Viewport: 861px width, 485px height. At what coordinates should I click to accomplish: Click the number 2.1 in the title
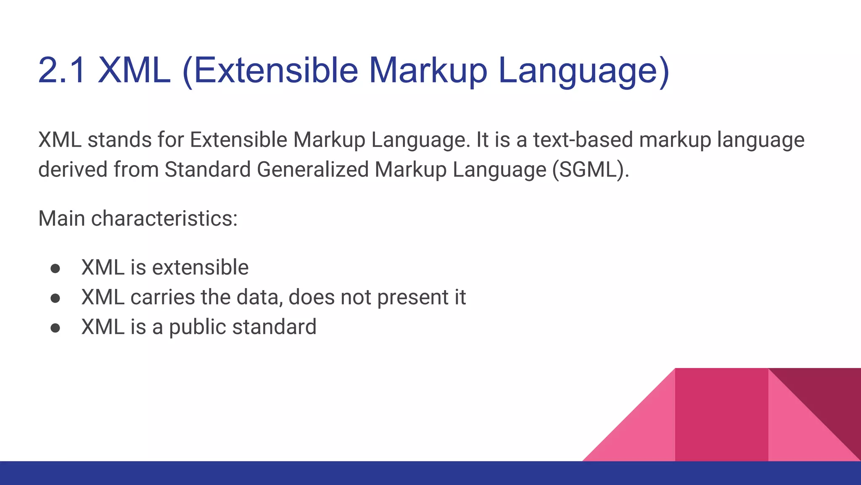pyautogui.click(x=62, y=70)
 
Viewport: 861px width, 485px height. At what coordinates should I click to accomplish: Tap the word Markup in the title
pyautogui.click(x=428, y=70)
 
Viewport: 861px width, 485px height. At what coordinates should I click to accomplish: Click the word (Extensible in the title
pyautogui.click(x=270, y=70)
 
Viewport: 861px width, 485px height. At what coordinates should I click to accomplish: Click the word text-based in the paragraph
pyautogui.click(x=583, y=140)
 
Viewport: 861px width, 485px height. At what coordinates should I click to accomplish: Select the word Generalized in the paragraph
pyautogui.click(x=312, y=170)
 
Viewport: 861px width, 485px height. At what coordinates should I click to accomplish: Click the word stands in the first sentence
pyautogui.click(x=119, y=140)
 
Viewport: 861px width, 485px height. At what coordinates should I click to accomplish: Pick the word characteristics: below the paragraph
pyautogui.click(x=164, y=219)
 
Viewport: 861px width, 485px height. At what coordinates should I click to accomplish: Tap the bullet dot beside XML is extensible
pyautogui.click(x=55, y=269)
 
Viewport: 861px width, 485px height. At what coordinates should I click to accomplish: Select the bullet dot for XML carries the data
pyautogui.click(x=55, y=298)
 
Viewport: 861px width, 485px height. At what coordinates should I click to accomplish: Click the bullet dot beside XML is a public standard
pyautogui.click(x=55, y=328)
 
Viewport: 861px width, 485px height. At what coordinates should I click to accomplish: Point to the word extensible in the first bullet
pyautogui.click(x=200, y=268)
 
